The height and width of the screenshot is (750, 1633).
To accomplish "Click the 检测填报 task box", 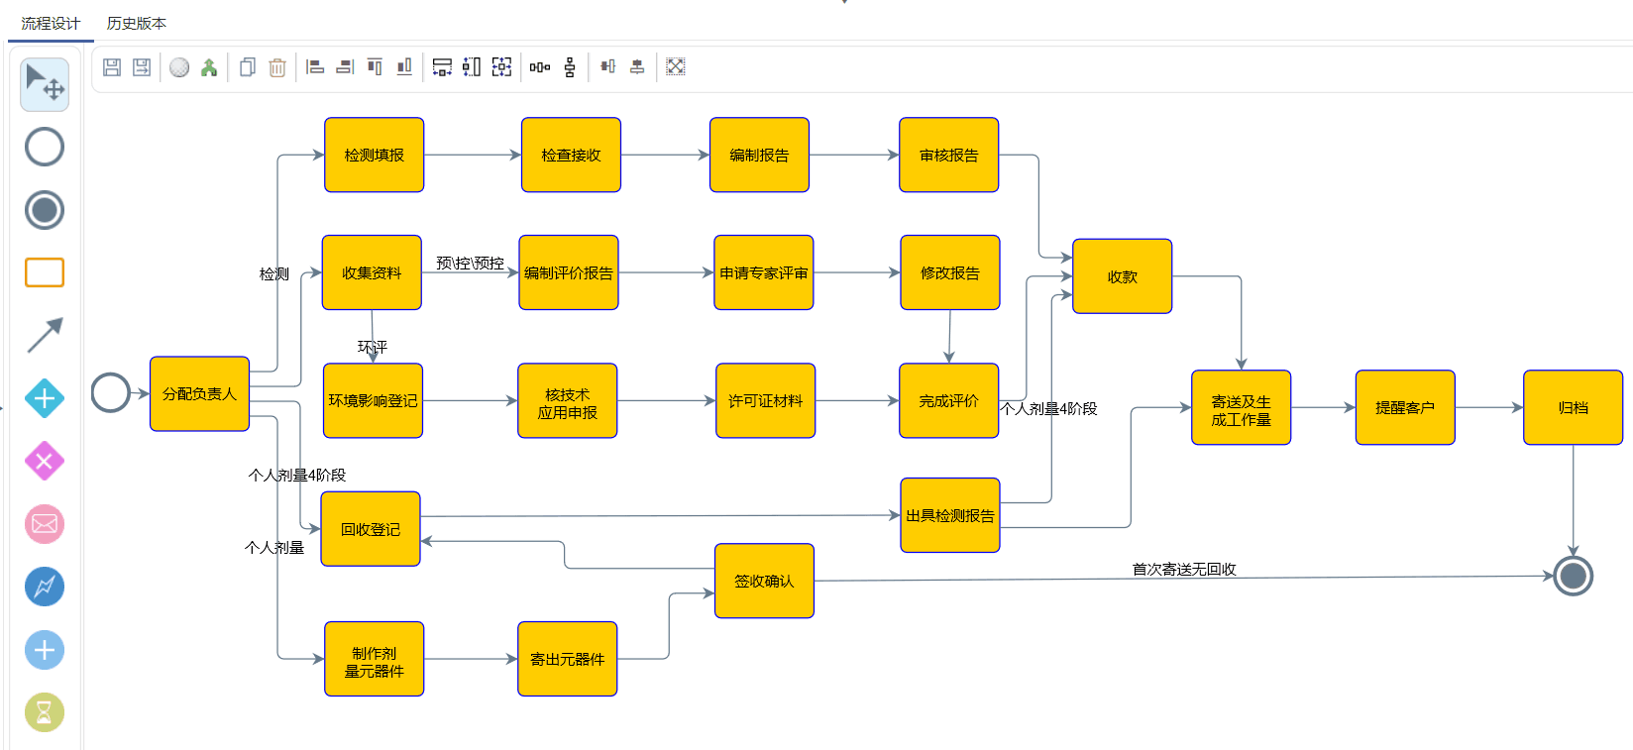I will [x=374, y=155].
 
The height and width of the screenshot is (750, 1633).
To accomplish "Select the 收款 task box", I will [x=1122, y=276].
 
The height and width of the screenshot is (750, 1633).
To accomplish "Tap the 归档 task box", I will [x=1573, y=407].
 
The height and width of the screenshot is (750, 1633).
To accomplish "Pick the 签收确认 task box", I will [x=764, y=581].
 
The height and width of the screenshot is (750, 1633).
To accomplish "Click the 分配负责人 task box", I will [x=199, y=393].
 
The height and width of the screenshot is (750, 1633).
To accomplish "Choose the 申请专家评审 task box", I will [x=763, y=272].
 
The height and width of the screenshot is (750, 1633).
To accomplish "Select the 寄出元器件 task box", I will [x=567, y=659].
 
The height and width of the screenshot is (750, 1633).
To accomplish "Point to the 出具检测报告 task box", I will [x=949, y=515].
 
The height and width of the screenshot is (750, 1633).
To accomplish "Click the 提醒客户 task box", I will [x=1404, y=407].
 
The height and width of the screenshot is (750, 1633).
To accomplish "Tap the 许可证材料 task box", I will [x=765, y=400].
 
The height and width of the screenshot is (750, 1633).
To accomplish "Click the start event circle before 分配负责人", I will [x=111, y=393].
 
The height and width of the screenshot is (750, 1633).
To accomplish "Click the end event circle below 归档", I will [x=1573, y=576].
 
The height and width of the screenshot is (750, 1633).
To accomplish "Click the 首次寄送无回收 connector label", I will [x=1184, y=569].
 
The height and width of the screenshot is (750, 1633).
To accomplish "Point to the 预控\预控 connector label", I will [x=470, y=263].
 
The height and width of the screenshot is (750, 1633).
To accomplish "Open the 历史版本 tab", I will [x=137, y=23].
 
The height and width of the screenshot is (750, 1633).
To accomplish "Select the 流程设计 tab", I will [x=51, y=23].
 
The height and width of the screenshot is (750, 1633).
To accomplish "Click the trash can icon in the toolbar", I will [x=277, y=67].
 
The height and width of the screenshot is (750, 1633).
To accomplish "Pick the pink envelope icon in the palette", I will [x=45, y=524].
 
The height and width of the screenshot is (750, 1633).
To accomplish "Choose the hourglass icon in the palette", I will [x=45, y=712].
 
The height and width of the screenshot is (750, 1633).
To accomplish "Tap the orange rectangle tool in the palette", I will [x=45, y=272].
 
